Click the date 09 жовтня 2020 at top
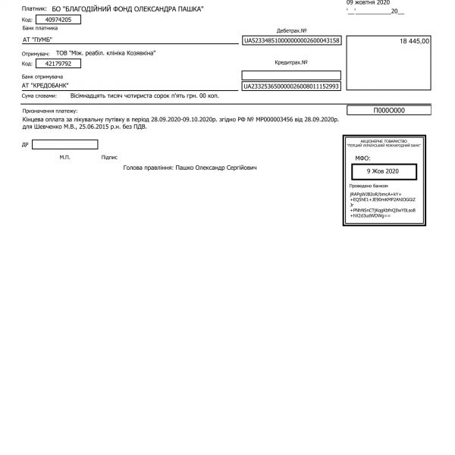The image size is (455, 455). (x=369, y=3)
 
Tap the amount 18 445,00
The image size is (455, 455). (x=413, y=40)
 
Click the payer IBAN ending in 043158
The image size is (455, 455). (x=291, y=40)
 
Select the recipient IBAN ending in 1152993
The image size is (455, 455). (x=291, y=87)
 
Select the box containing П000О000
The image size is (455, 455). (x=391, y=111)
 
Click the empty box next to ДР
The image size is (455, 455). (x=64, y=144)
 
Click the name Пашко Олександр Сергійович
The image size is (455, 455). (x=216, y=167)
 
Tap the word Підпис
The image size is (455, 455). (x=108, y=158)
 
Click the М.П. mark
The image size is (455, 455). (x=64, y=158)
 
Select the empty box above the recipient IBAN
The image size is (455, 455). (x=291, y=75)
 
